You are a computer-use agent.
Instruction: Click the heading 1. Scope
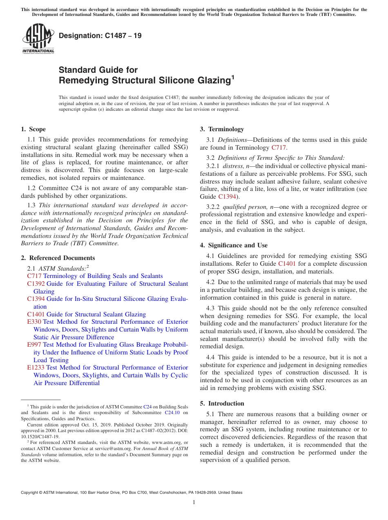pyautogui.click(x=33, y=129)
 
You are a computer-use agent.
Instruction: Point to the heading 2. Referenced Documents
pyautogui.click(x=58, y=258)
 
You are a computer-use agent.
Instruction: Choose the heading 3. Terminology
pyautogui.click(x=222, y=129)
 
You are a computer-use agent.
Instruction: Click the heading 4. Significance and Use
pyautogui.click(x=234, y=245)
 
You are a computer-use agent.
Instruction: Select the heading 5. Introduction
pyautogui.click(x=222, y=403)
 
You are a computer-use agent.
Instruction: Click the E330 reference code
pyautogui.click(x=34, y=322)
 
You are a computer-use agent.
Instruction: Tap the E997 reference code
pyautogui.click(x=34, y=345)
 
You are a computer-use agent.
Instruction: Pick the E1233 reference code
pyautogui.click(x=36, y=368)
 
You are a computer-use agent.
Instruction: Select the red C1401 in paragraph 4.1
pyautogui.click(x=287, y=264)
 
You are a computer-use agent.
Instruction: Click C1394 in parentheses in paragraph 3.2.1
pyautogui.click(x=227, y=197)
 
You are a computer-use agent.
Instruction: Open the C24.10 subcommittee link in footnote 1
pyautogui.click(x=172, y=412)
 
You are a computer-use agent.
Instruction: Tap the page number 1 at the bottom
pyautogui.click(x=194, y=502)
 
